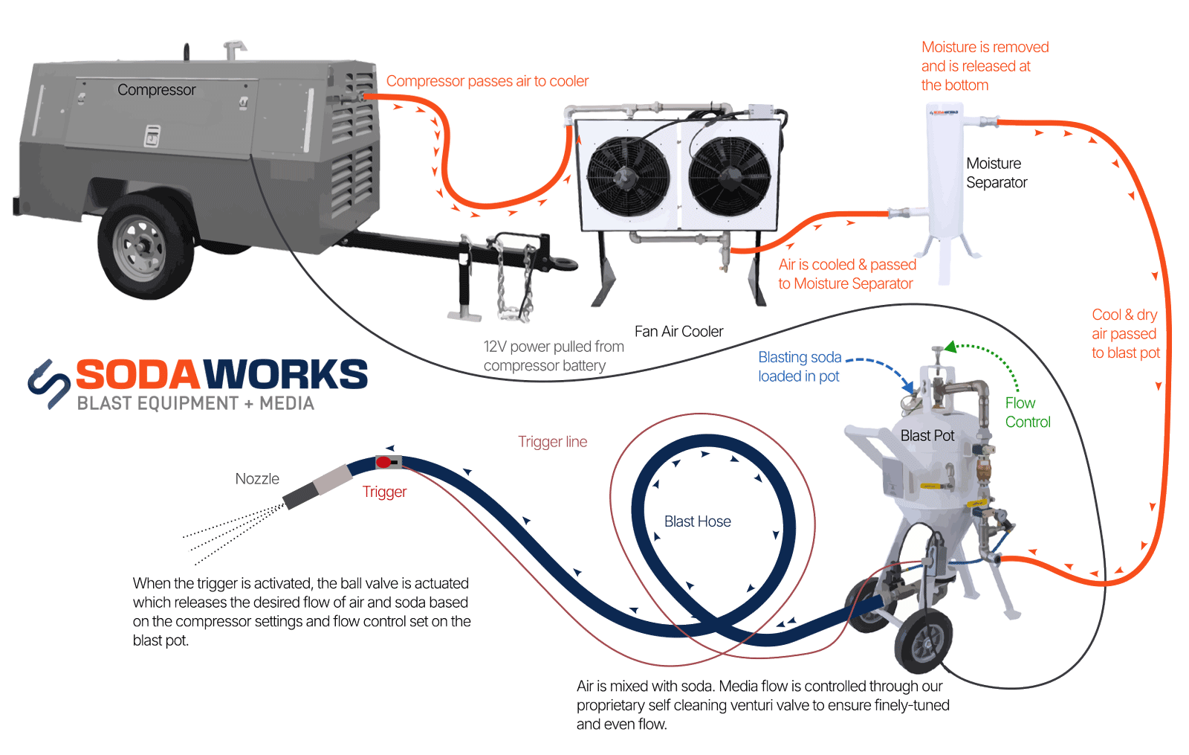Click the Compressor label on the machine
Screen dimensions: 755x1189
coord(156,90)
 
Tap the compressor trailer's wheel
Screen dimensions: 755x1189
coord(139,246)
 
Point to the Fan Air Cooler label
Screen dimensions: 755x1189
coord(678,332)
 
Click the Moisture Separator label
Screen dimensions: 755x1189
coord(996,173)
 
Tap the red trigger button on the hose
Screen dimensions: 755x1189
coord(383,463)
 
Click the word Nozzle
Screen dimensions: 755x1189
coord(257,479)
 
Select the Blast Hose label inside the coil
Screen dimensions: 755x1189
coord(697,522)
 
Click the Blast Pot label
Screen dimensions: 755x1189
coord(927,436)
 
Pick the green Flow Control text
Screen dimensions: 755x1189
coord(1027,413)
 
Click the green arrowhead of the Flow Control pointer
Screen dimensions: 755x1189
coord(950,347)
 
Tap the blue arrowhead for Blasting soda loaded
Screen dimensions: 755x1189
coord(908,386)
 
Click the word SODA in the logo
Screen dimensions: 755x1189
coord(138,375)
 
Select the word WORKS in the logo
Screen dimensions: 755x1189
coord(286,375)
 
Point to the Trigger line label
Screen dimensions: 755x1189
coord(552,442)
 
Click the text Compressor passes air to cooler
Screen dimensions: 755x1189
coord(487,81)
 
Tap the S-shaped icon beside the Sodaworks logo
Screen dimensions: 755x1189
coord(49,384)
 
